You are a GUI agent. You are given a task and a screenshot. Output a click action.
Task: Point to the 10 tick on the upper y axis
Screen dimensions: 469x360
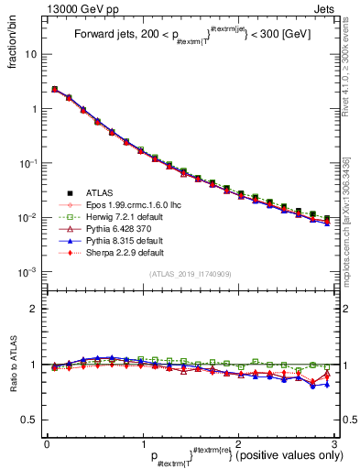(32, 54)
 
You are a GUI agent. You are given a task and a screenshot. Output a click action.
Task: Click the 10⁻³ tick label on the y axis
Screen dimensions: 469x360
(29, 273)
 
